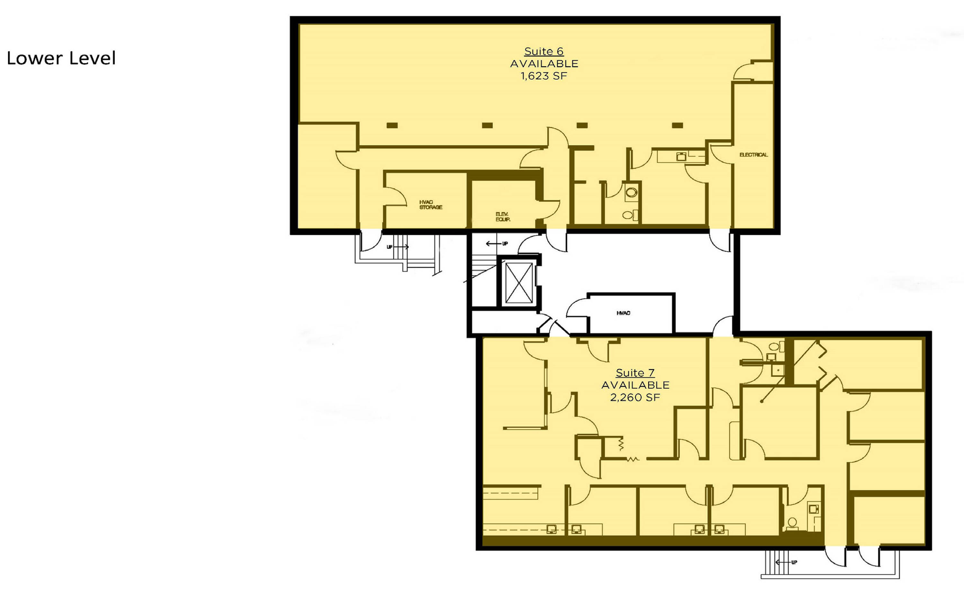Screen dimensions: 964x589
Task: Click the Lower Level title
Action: tap(61, 58)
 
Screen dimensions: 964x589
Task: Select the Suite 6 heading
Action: tap(543, 52)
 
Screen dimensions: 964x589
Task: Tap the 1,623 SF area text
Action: tap(543, 76)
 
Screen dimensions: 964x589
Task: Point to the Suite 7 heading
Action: tap(635, 373)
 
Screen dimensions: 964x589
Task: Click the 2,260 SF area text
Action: tap(635, 397)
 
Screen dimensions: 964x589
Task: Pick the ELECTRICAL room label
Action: tap(754, 155)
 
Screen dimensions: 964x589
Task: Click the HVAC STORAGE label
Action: tap(431, 205)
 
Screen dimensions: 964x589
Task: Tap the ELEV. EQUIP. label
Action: tap(503, 217)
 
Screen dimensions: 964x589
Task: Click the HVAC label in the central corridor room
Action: tap(623, 313)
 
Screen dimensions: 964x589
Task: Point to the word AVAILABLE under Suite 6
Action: tap(544, 64)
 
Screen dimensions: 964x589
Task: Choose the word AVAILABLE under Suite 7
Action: tap(635, 385)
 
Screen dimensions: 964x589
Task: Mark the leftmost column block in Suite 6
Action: tap(392, 126)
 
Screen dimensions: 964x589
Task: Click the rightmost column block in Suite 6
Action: tap(677, 126)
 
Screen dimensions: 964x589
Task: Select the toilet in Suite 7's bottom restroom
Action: tap(792, 524)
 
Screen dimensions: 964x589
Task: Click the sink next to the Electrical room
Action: tap(681, 157)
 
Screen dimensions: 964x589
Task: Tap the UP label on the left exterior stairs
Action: tap(389, 247)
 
